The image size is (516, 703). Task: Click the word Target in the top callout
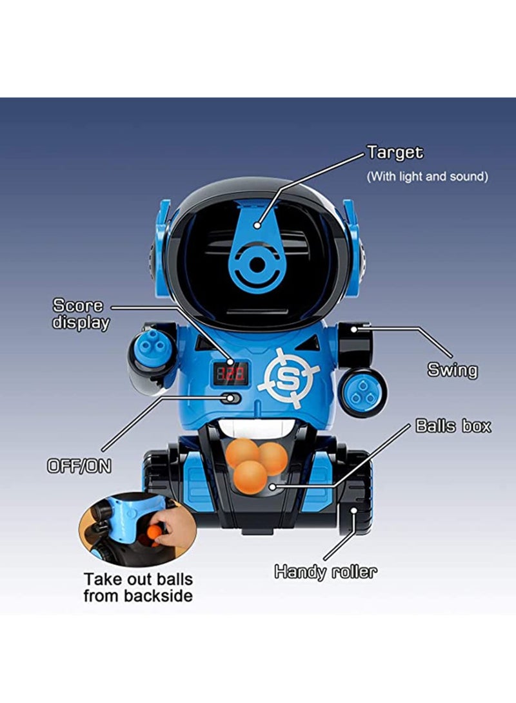(x=395, y=153)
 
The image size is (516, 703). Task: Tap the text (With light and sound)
(x=427, y=176)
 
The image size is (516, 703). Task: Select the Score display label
(x=80, y=314)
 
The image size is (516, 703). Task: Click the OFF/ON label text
(x=79, y=466)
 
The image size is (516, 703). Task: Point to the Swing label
(x=452, y=370)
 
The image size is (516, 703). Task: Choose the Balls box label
(x=453, y=426)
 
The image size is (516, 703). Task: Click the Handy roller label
(x=325, y=571)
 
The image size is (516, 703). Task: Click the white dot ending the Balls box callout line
(x=275, y=486)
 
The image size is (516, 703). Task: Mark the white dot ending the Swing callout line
(x=354, y=329)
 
